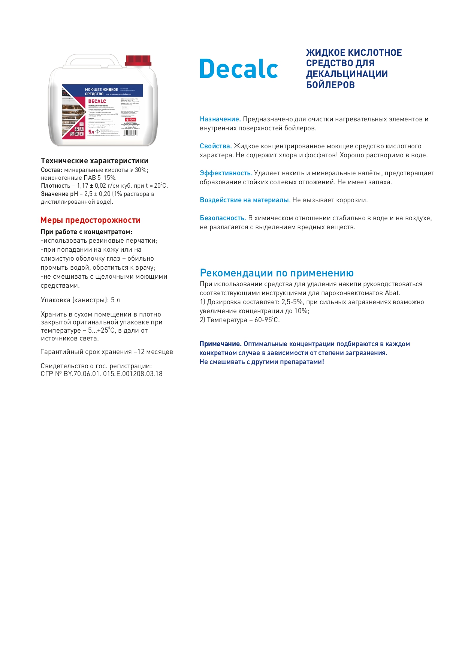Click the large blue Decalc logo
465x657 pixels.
239,69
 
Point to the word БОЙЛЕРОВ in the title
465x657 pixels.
330,85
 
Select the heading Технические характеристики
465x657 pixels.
94,161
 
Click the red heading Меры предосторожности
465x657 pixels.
90,220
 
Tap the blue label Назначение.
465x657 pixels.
220,119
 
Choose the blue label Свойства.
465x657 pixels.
215,146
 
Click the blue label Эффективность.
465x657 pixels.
226,173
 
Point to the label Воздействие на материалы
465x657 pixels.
244,200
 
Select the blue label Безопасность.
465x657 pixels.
223,218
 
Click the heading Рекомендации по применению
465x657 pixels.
277,273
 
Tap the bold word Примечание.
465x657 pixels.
220,344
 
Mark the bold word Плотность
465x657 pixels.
55,186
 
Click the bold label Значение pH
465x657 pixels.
59,194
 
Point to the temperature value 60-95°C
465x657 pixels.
267,320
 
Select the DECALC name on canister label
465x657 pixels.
97,102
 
